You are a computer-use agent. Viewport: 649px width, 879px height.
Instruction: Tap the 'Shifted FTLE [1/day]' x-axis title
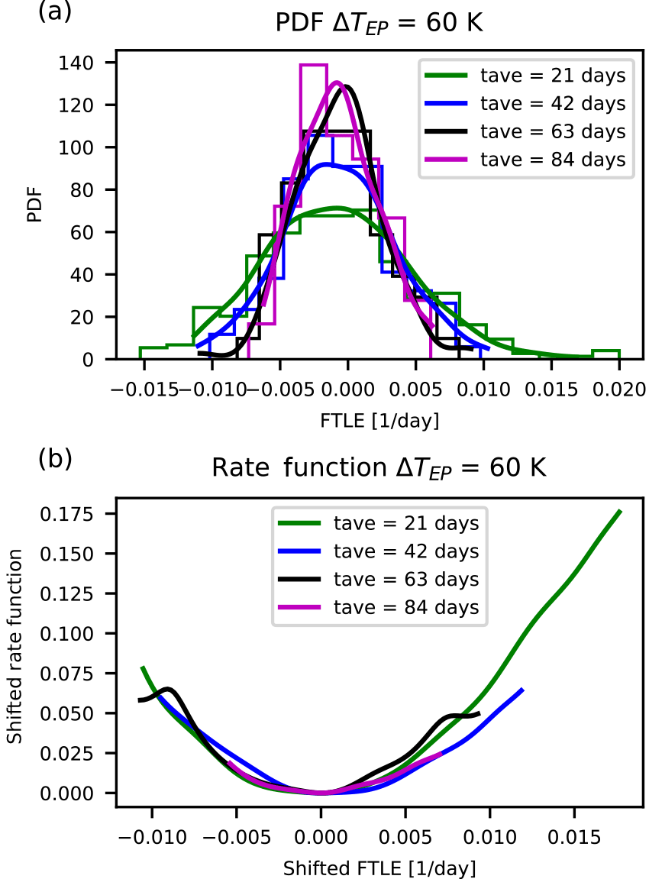click(x=379, y=868)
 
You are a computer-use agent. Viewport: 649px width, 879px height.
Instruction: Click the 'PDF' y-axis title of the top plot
click(x=33, y=211)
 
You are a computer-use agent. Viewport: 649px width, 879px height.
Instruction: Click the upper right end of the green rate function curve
click(x=620, y=511)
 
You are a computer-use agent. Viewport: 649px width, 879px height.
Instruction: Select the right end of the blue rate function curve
click(x=523, y=690)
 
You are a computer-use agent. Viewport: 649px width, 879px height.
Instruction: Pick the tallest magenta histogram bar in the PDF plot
click(x=314, y=92)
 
